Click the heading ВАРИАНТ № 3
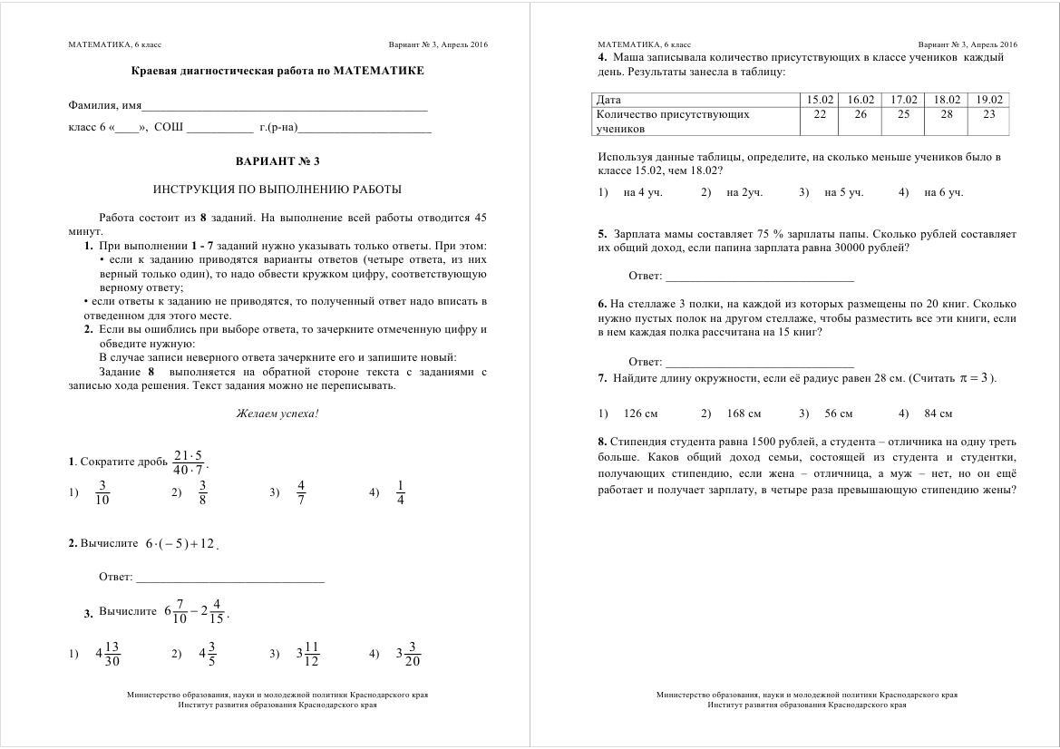277,161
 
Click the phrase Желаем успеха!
277,413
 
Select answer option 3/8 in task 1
203,491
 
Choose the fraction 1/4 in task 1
401,491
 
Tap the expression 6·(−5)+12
180,544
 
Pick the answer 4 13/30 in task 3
108,653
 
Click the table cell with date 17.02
903,100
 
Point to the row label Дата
608,100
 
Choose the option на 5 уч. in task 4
843,192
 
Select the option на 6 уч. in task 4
943,192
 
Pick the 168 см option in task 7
744,413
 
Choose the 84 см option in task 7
938,413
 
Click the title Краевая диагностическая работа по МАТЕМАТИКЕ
277,71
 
